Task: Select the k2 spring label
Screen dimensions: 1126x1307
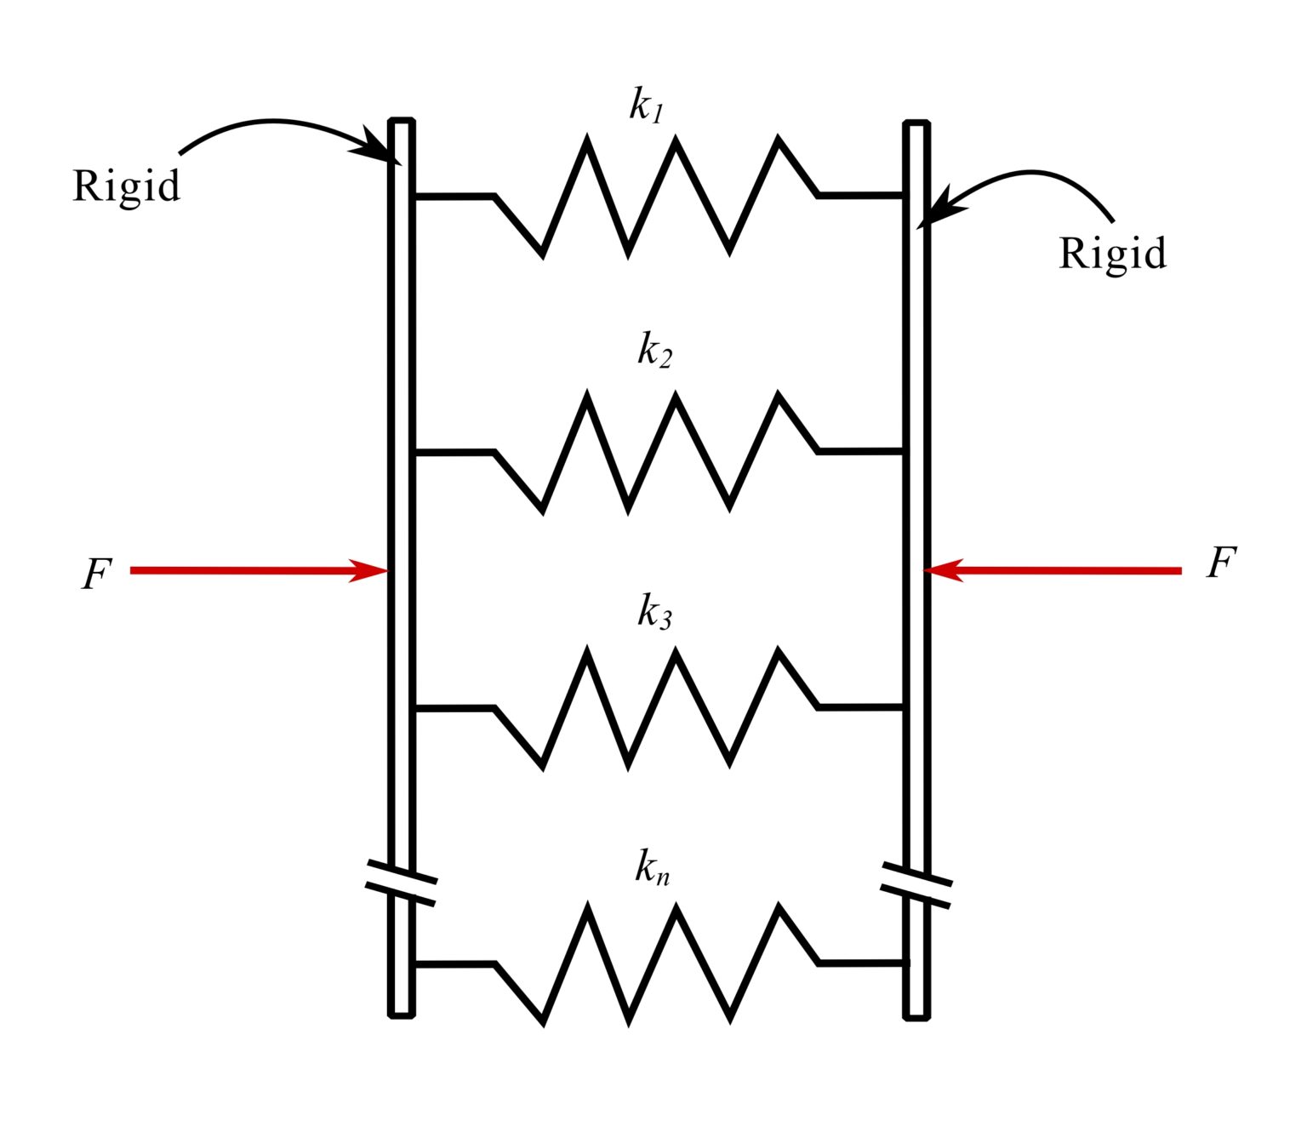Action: (x=654, y=350)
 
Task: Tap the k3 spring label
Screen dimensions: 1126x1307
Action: (x=654, y=611)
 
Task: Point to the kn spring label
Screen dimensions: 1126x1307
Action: (x=652, y=867)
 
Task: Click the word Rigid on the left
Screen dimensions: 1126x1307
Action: (x=126, y=186)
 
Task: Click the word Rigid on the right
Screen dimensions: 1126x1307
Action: (x=1112, y=254)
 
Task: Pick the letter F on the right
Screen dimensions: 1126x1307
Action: (x=1220, y=563)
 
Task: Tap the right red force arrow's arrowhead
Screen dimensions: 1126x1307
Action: (x=943, y=570)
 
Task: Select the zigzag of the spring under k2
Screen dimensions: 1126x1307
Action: (x=655, y=452)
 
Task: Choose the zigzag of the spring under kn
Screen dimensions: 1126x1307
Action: (x=655, y=963)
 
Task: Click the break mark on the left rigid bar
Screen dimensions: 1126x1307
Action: (x=401, y=883)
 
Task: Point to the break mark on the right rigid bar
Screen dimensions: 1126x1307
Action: (x=916, y=885)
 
